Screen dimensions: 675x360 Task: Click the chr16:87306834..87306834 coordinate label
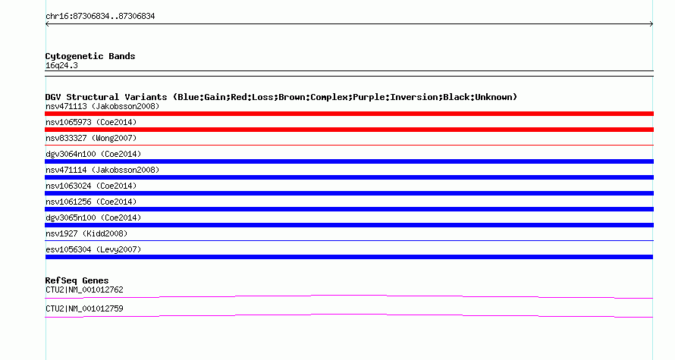coord(100,17)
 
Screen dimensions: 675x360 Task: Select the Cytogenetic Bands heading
coord(90,56)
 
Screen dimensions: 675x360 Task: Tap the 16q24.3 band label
coord(61,66)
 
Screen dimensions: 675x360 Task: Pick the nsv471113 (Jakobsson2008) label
coord(102,106)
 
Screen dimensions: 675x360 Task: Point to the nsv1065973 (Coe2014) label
coord(91,122)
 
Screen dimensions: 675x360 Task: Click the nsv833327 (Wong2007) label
coord(91,138)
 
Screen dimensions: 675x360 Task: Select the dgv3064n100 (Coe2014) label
coord(93,154)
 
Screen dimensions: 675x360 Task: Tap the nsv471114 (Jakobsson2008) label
coord(102,170)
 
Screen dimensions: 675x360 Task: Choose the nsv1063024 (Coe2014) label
coord(91,186)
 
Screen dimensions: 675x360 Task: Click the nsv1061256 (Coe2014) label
coord(91,202)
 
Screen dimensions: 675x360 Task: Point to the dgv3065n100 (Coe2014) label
coord(93,218)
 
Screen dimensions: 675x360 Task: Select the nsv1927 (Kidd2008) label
coord(86,233)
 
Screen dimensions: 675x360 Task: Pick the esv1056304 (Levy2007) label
coord(93,249)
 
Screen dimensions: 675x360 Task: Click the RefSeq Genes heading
coord(77,280)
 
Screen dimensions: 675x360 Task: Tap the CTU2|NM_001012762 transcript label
coord(84,290)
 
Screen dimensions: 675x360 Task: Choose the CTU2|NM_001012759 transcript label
coord(84,308)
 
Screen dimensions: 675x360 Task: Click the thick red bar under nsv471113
coord(349,114)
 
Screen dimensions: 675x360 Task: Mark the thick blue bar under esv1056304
coord(349,257)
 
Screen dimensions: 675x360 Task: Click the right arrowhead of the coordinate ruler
coord(652,24)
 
